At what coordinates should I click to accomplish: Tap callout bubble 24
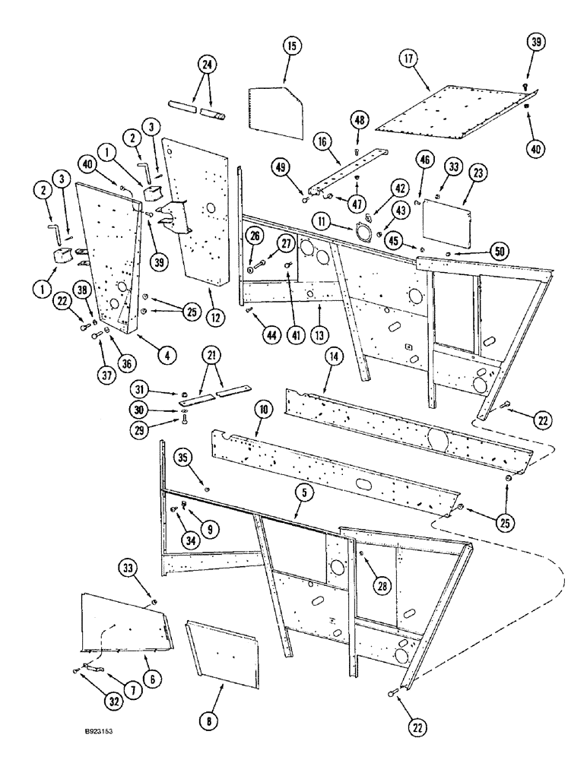[204, 66]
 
